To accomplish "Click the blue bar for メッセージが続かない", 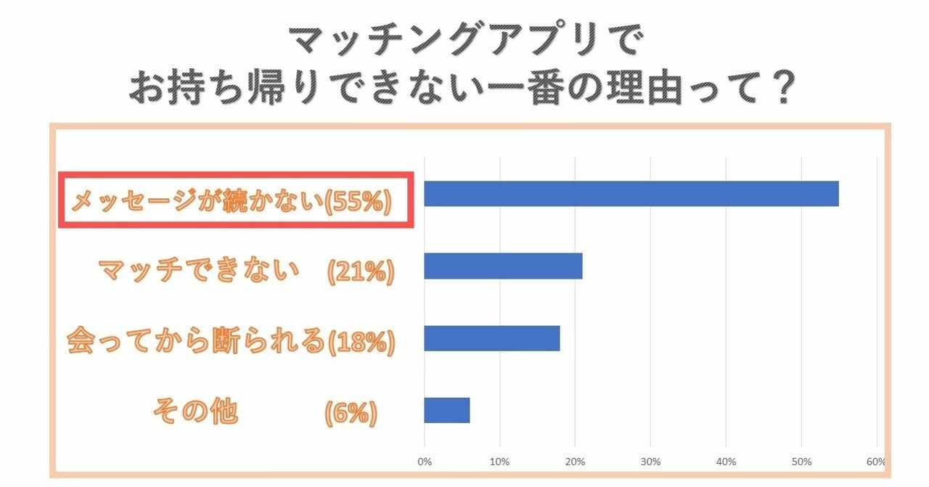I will [x=631, y=194].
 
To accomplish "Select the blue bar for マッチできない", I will [x=503, y=266].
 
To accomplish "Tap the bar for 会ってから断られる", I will [x=491, y=338].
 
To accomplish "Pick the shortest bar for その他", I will [x=446, y=410].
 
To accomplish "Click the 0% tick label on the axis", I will [x=425, y=462].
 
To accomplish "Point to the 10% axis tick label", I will [x=499, y=462].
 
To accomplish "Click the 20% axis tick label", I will [x=575, y=462].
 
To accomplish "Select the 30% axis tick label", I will [x=650, y=462].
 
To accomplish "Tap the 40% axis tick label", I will [x=726, y=462].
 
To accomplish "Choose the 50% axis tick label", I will [x=801, y=462].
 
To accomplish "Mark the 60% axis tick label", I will [x=875, y=462].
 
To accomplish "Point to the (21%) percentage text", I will [x=360, y=272].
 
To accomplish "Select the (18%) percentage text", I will [x=360, y=343].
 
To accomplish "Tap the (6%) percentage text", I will [x=351, y=414].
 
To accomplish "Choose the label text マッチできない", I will [x=199, y=271].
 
